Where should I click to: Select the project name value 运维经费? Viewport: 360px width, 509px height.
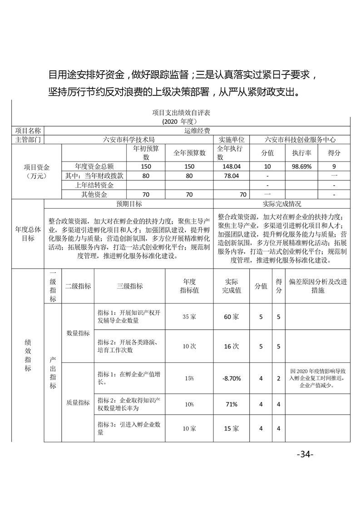point(197,131)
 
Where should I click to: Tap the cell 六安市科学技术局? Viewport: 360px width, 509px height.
point(129,140)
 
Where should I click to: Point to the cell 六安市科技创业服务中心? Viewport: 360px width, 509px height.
point(300,140)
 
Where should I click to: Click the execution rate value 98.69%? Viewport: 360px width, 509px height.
point(301,166)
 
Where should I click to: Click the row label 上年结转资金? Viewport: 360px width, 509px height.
point(94,185)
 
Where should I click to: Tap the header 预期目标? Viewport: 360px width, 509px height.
point(129,204)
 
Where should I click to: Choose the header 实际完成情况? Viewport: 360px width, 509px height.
point(281,204)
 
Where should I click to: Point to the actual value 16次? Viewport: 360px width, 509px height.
point(231,346)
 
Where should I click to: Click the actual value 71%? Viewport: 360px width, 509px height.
point(231,405)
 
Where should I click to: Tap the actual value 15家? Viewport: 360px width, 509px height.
point(231,429)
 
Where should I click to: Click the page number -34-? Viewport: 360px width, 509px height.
point(305,454)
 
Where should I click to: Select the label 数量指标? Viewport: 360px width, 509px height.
point(78,333)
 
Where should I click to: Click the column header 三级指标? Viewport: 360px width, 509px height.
point(129,286)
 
